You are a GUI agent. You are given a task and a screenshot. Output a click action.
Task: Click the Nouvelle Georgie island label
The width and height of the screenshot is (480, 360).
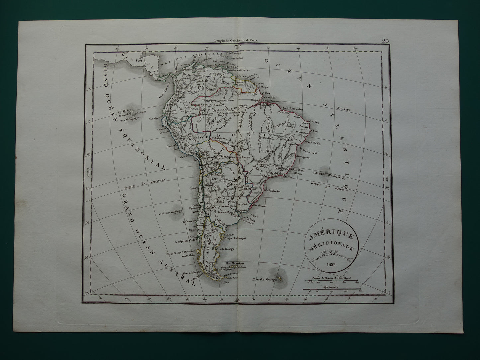pyautogui.click(x=265, y=279)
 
